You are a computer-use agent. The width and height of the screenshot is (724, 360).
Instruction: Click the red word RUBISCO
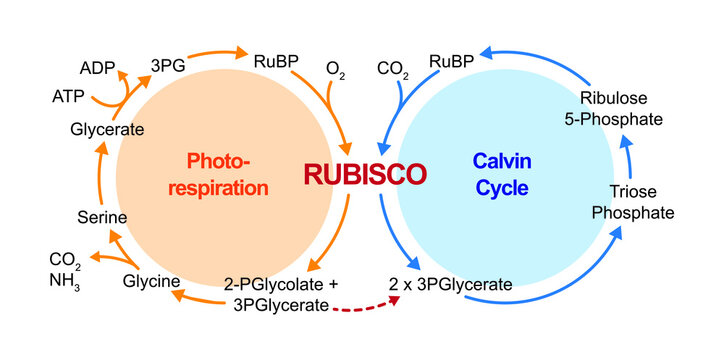point(365,174)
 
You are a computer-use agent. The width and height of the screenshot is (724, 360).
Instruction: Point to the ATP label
point(68,97)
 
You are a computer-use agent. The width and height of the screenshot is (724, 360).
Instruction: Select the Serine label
point(100,216)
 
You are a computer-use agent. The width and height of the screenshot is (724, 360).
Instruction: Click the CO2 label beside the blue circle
point(390,70)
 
